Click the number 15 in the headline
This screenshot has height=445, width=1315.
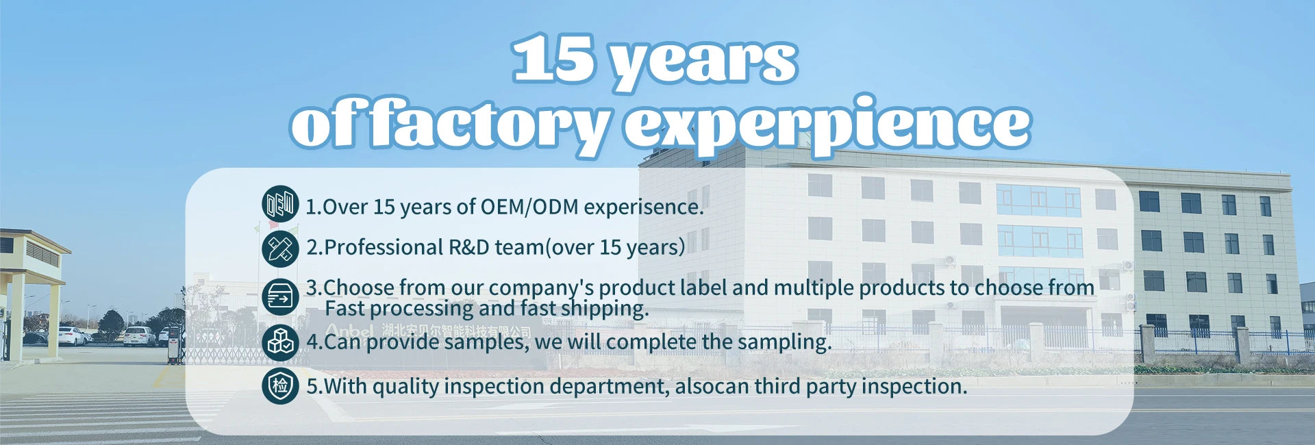click(553, 59)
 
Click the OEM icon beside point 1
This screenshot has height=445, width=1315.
click(280, 204)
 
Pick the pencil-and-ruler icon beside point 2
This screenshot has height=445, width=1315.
click(280, 249)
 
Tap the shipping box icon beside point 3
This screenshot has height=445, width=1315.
click(280, 297)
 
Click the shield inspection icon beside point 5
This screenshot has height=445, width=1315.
click(280, 385)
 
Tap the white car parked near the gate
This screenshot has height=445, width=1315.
click(140, 336)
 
